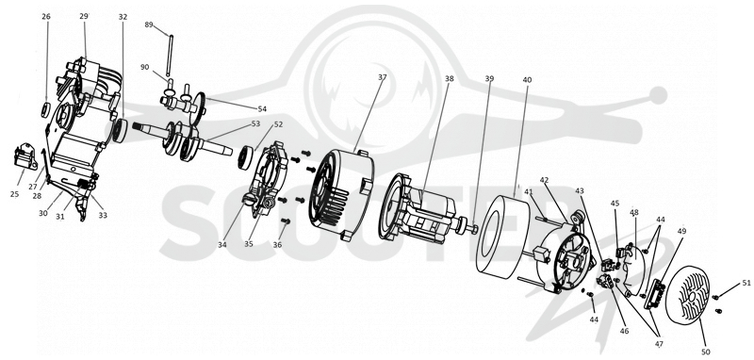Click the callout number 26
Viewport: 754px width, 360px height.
pos(46,16)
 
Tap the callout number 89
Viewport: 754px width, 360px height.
pos(149,25)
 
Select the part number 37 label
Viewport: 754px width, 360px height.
pos(383,78)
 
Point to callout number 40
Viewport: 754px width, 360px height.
pos(527,80)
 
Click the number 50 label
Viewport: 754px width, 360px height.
pos(706,352)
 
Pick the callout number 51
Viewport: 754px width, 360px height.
pos(746,283)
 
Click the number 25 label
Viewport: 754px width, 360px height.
pos(14,194)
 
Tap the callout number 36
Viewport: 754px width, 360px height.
pos(277,245)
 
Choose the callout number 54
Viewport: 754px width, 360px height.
pos(262,109)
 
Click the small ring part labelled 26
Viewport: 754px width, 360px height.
pos(44,110)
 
